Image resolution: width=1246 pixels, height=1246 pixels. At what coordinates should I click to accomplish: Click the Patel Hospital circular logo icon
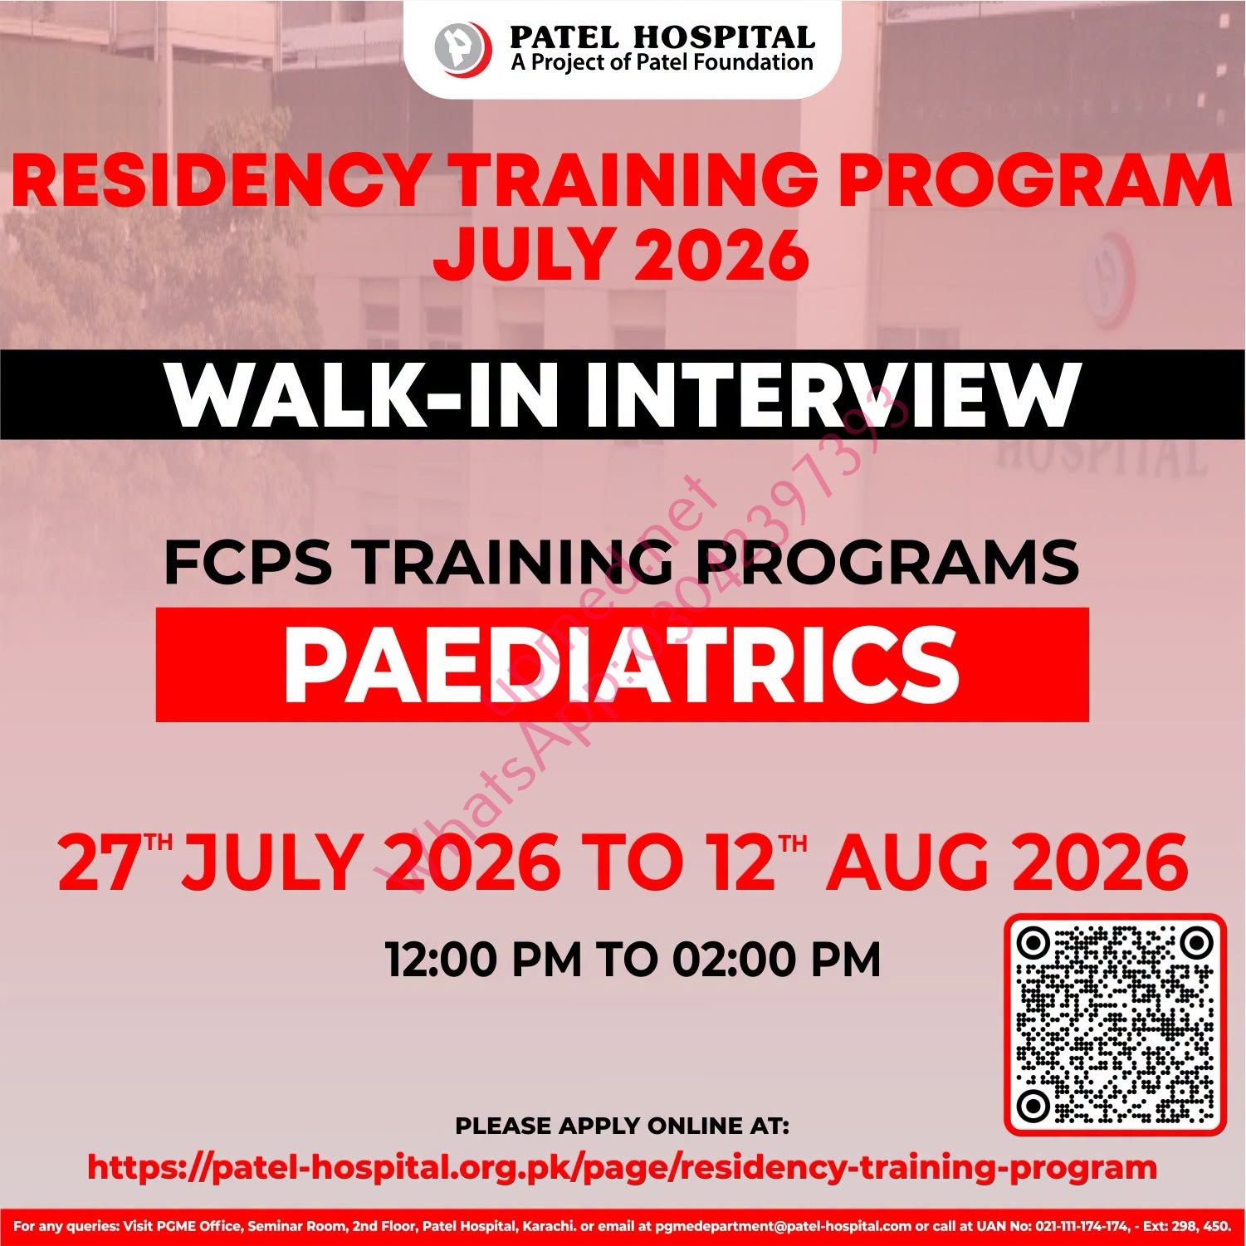463,48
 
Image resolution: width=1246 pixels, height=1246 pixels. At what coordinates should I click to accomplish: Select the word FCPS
248,562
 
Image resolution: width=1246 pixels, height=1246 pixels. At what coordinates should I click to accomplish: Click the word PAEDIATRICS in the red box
622,665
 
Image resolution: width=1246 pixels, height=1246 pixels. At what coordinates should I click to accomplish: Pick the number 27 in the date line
98,863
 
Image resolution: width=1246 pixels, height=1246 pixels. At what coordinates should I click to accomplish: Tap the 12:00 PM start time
484,960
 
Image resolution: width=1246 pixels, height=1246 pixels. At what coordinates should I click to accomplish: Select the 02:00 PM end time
776,960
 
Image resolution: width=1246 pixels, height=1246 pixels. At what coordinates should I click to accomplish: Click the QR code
1115,1024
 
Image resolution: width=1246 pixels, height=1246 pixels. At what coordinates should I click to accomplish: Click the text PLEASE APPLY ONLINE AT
623,1126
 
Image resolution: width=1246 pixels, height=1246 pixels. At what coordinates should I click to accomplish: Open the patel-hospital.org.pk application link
622,1167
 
